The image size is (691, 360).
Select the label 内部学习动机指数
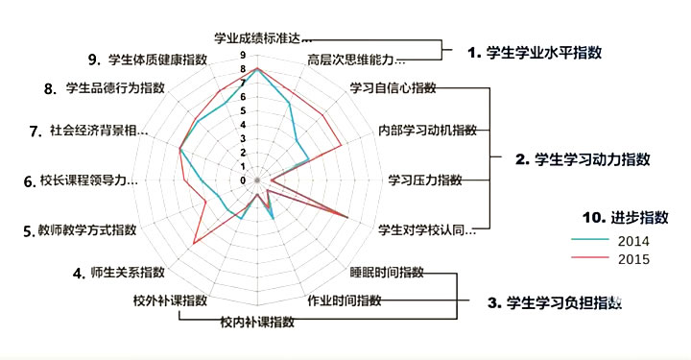click(x=426, y=130)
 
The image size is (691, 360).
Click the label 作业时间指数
click(x=344, y=300)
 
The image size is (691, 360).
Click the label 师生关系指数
click(x=129, y=272)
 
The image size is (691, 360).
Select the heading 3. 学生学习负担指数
click(x=555, y=302)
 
